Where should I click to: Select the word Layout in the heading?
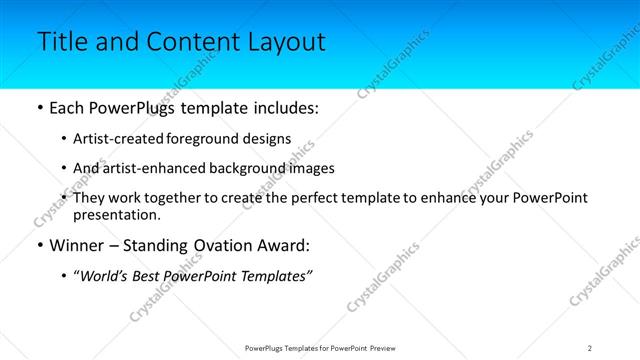[283, 42]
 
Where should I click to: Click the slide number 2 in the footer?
[590, 348]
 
